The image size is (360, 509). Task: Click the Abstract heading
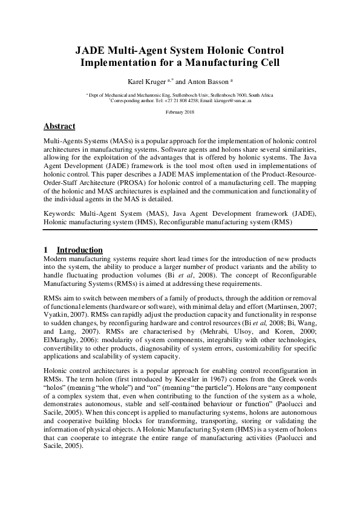pos(59,126)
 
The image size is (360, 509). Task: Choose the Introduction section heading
pos(79,250)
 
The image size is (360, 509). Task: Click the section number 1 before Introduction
pos(46,250)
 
